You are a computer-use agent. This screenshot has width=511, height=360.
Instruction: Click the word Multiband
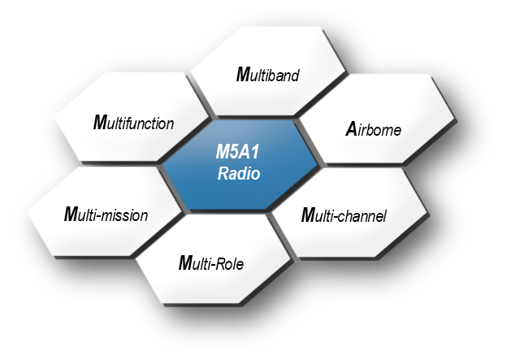pyautogui.click(x=267, y=74)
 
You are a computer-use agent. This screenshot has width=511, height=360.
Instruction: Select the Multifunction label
pyautogui.click(x=133, y=123)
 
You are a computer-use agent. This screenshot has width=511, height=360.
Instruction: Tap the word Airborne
pyautogui.click(x=374, y=129)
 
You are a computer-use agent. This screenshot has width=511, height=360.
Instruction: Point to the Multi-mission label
pyautogui.click(x=106, y=215)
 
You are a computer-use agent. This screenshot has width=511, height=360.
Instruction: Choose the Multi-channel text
pyautogui.click(x=344, y=215)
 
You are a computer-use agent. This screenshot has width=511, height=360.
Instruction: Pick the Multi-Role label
pyautogui.click(x=211, y=262)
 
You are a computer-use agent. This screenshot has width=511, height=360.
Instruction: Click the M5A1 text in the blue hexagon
pyautogui.click(x=237, y=152)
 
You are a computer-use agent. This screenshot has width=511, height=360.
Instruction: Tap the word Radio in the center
pyautogui.click(x=239, y=173)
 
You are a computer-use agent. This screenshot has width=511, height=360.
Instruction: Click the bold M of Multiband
pyautogui.click(x=243, y=74)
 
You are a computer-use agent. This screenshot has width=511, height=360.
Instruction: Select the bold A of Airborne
pyautogui.click(x=352, y=129)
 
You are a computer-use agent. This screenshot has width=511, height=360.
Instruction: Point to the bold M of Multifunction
pyautogui.click(x=101, y=123)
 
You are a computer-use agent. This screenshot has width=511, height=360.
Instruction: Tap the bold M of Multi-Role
pyautogui.click(x=186, y=262)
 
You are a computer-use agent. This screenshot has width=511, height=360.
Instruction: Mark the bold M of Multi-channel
pyautogui.click(x=308, y=215)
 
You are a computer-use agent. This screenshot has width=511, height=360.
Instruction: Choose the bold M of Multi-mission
pyautogui.click(x=71, y=215)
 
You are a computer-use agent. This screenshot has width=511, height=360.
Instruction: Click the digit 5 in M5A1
pyautogui.click(x=236, y=152)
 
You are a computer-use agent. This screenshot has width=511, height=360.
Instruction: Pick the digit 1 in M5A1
pyautogui.click(x=255, y=152)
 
